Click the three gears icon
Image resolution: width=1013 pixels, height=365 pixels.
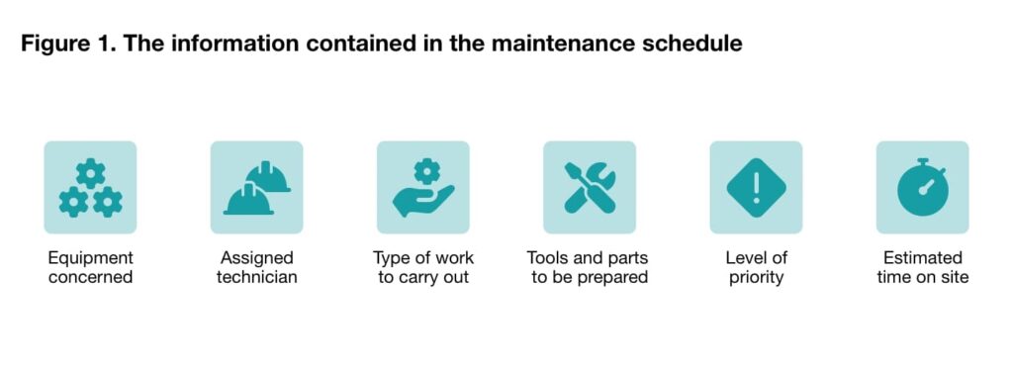pyautogui.click(x=90, y=188)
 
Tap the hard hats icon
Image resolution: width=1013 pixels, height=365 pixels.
pyautogui.click(x=256, y=188)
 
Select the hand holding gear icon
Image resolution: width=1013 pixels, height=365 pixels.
pyautogui.click(x=422, y=188)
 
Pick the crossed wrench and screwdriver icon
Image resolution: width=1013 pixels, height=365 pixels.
pyautogui.click(x=590, y=188)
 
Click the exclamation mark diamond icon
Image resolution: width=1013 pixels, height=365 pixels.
pyautogui.click(x=756, y=188)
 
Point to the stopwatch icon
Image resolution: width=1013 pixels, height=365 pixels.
pyautogui.click(x=922, y=188)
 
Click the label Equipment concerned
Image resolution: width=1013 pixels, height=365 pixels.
pyautogui.click(x=90, y=267)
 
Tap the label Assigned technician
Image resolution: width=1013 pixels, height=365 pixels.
pyautogui.click(x=256, y=267)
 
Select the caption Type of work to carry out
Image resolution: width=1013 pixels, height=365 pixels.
pyautogui.click(x=422, y=267)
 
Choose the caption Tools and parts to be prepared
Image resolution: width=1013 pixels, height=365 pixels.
pyautogui.click(x=590, y=267)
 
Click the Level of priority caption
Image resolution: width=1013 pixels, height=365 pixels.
pyautogui.click(x=756, y=267)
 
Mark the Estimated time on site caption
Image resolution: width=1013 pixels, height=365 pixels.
pyautogui.click(x=922, y=267)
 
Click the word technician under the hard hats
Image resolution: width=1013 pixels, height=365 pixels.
pyautogui.click(x=256, y=277)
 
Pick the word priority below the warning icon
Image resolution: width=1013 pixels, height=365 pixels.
pyautogui.click(x=756, y=277)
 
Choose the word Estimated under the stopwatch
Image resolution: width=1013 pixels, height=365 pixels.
pyautogui.click(x=922, y=257)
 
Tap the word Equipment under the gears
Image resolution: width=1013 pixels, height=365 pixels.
pyautogui.click(x=90, y=257)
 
